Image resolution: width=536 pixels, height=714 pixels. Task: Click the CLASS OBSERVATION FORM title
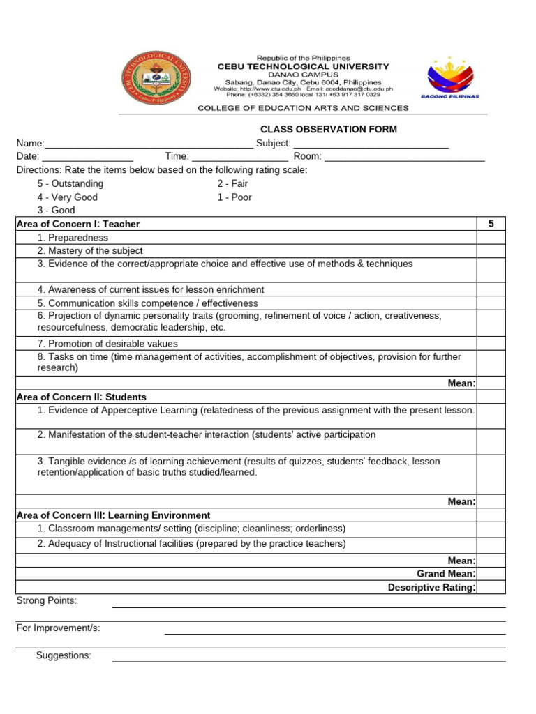click(x=329, y=129)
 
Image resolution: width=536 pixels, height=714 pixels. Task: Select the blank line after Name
click(x=149, y=144)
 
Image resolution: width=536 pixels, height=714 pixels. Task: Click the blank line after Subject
click(x=371, y=144)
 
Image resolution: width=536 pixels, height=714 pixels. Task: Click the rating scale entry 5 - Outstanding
click(x=70, y=183)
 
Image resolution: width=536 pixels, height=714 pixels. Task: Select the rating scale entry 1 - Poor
click(x=234, y=197)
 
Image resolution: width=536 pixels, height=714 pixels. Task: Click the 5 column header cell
click(x=491, y=224)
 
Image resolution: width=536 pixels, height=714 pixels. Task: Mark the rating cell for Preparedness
click(x=491, y=238)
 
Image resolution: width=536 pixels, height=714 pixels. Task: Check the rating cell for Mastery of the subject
click(x=491, y=251)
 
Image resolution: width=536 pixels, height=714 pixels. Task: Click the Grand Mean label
click(x=446, y=574)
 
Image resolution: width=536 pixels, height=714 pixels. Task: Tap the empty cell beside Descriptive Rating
click(x=491, y=587)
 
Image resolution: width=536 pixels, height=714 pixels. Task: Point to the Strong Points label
click(x=47, y=601)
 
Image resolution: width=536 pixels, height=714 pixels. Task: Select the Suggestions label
click(x=64, y=655)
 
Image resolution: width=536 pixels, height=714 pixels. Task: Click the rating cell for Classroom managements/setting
click(x=491, y=529)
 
